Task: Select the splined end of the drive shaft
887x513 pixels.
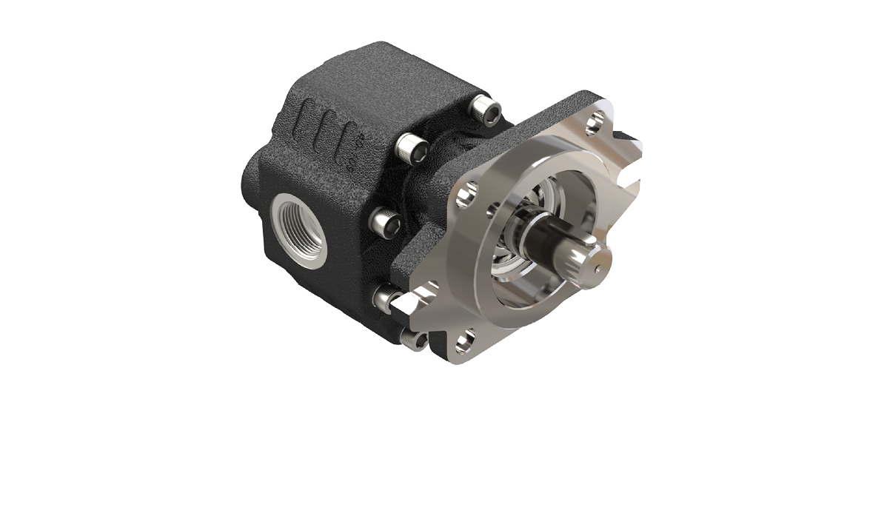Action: pos(585,263)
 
